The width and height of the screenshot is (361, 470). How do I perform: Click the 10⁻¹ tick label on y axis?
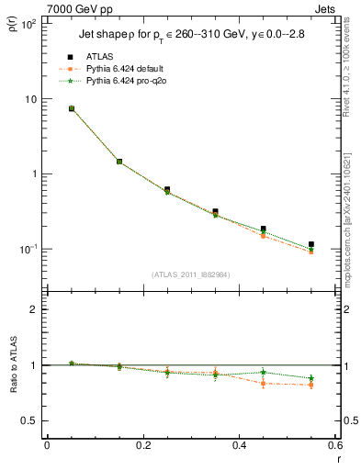(27, 249)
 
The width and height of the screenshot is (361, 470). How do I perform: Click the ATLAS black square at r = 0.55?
(311, 244)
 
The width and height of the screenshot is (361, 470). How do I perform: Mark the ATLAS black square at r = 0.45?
(263, 229)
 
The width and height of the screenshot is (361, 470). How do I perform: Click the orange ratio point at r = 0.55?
(311, 385)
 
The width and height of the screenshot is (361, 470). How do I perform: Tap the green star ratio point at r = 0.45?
(263, 372)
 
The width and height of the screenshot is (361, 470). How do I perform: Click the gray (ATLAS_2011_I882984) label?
(191, 274)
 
